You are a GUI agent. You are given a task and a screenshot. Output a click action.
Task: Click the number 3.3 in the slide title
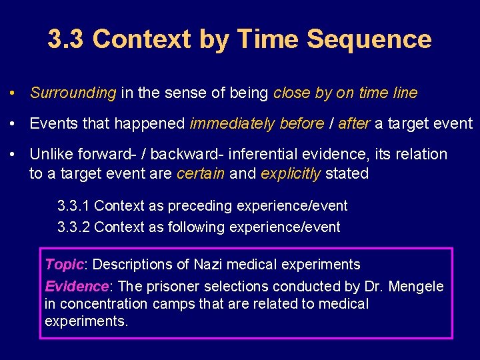click(x=67, y=39)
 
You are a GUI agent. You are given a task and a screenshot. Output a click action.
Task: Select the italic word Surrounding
click(x=73, y=93)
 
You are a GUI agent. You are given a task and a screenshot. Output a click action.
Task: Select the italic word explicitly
click(x=291, y=173)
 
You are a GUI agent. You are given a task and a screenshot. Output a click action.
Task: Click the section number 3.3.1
click(x=74, y=206)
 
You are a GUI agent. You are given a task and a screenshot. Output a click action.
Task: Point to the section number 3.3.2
click(x=74, y=227)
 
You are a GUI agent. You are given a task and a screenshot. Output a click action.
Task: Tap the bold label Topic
click(x=64, y=265)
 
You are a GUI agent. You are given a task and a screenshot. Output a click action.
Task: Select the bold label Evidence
click(x=76, y=287)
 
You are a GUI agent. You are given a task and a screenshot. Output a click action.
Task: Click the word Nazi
click(x=209, y=265)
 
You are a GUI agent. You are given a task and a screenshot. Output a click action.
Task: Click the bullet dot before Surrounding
click(x=13, y=93)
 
